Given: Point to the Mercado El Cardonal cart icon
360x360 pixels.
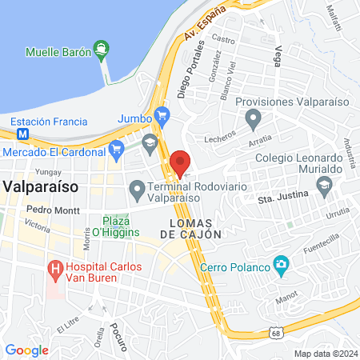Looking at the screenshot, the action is click(117, 149).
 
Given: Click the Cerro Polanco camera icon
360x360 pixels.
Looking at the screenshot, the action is click(281, 264).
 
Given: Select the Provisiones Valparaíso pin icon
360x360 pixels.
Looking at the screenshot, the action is click(254, 122).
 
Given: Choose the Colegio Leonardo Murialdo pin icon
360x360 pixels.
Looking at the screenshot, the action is click(325, 188).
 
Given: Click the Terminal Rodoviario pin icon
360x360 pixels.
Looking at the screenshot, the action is click(137, 191).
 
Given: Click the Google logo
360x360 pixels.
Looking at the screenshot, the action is click(26, 350).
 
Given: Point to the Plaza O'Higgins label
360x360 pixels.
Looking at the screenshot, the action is click(121, 226).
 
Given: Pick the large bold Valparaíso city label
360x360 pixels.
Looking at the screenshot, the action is click(39, 185).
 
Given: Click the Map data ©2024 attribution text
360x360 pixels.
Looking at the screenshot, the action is click(325, 353).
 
